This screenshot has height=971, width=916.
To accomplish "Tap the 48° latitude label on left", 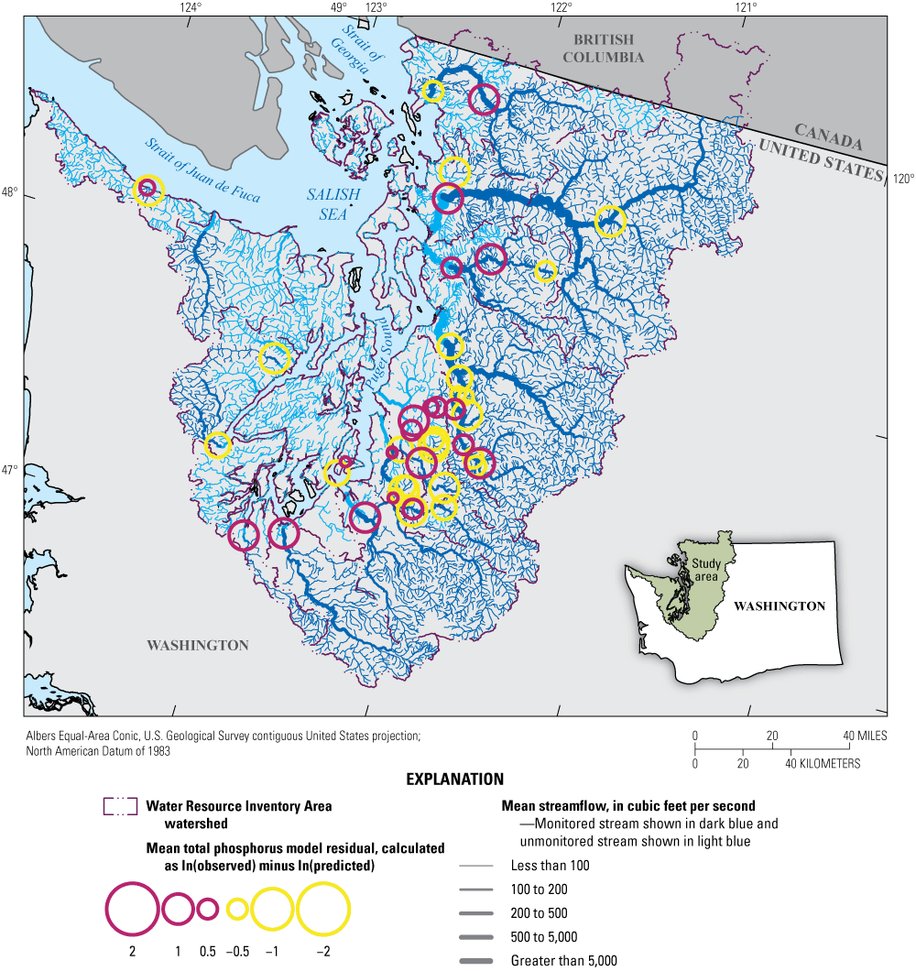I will [9, 193].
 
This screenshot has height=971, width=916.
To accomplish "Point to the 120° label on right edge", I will [901, 180].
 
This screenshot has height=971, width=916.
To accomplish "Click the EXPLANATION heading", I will [455, 780].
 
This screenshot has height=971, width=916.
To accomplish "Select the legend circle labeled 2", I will [133, 909].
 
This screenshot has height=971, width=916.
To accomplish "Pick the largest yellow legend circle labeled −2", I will [323, 909].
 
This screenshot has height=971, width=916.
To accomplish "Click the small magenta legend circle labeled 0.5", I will [208, 909].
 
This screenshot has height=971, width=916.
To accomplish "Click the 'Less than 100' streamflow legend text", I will [550, 866].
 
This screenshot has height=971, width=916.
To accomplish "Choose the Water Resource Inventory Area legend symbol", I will [120, 807].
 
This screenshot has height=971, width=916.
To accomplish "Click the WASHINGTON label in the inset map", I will [780, 606].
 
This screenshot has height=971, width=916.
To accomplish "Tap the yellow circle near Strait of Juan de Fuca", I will [148, 190].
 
